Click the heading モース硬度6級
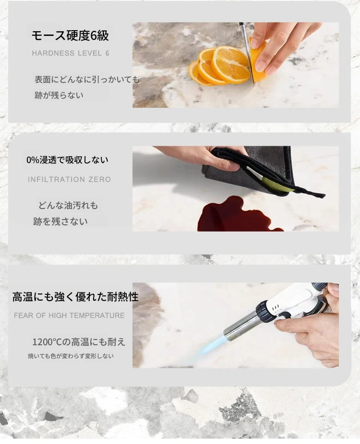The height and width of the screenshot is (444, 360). tap(70, 35)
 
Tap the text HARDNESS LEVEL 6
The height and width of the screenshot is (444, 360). tap(71, 53)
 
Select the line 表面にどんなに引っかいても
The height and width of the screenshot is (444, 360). tap(87, 80)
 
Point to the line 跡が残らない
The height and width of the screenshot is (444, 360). tap(59, 95)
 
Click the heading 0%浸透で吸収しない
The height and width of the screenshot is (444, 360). tap(68, 160)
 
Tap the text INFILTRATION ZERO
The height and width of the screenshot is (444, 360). tap(69, 179)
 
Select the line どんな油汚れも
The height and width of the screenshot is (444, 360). tap(68, 205)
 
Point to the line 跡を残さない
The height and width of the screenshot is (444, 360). tap(60, 222)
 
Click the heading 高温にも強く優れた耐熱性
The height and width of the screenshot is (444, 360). tap(75, 297)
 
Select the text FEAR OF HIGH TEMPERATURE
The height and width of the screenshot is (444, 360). tap(69, 315)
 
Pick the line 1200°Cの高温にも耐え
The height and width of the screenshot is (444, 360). tap(79, 342)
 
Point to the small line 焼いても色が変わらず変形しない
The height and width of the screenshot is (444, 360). tap(71, 356)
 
